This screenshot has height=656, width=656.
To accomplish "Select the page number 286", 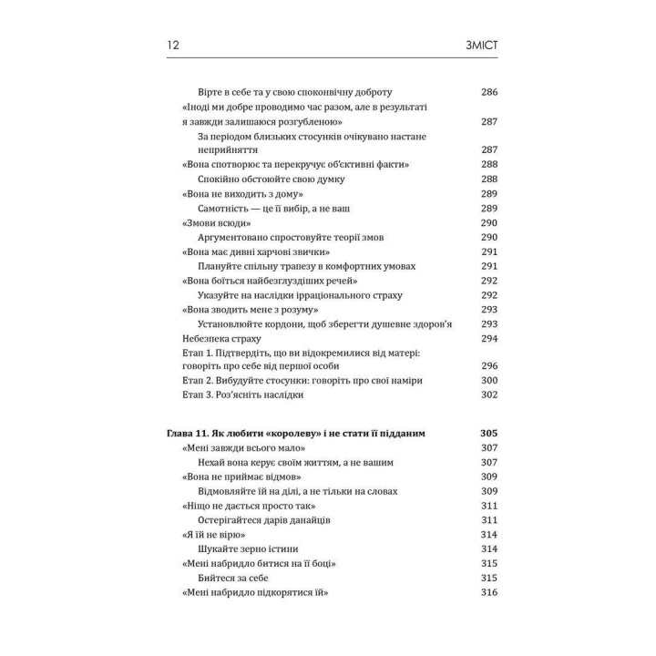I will pyautogui.click(x=489, y=92).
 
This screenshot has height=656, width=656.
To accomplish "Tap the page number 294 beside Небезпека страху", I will pyautogui.click(x=489, y=338).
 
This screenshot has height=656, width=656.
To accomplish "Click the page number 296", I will pyautogui.click(x=489, y=365).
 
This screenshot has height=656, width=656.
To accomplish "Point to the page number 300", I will pyautogui.click(x=489, y=380).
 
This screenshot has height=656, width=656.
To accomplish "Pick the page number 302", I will pyautogui.click(x=489, y=395).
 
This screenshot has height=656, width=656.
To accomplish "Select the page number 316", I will pyautogui.click(x=489, y=593).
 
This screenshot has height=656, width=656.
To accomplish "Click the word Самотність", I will pyautogui.click(x=228, y=208).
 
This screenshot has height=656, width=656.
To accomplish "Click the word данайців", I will pyautogui.click(x=302, y=520).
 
